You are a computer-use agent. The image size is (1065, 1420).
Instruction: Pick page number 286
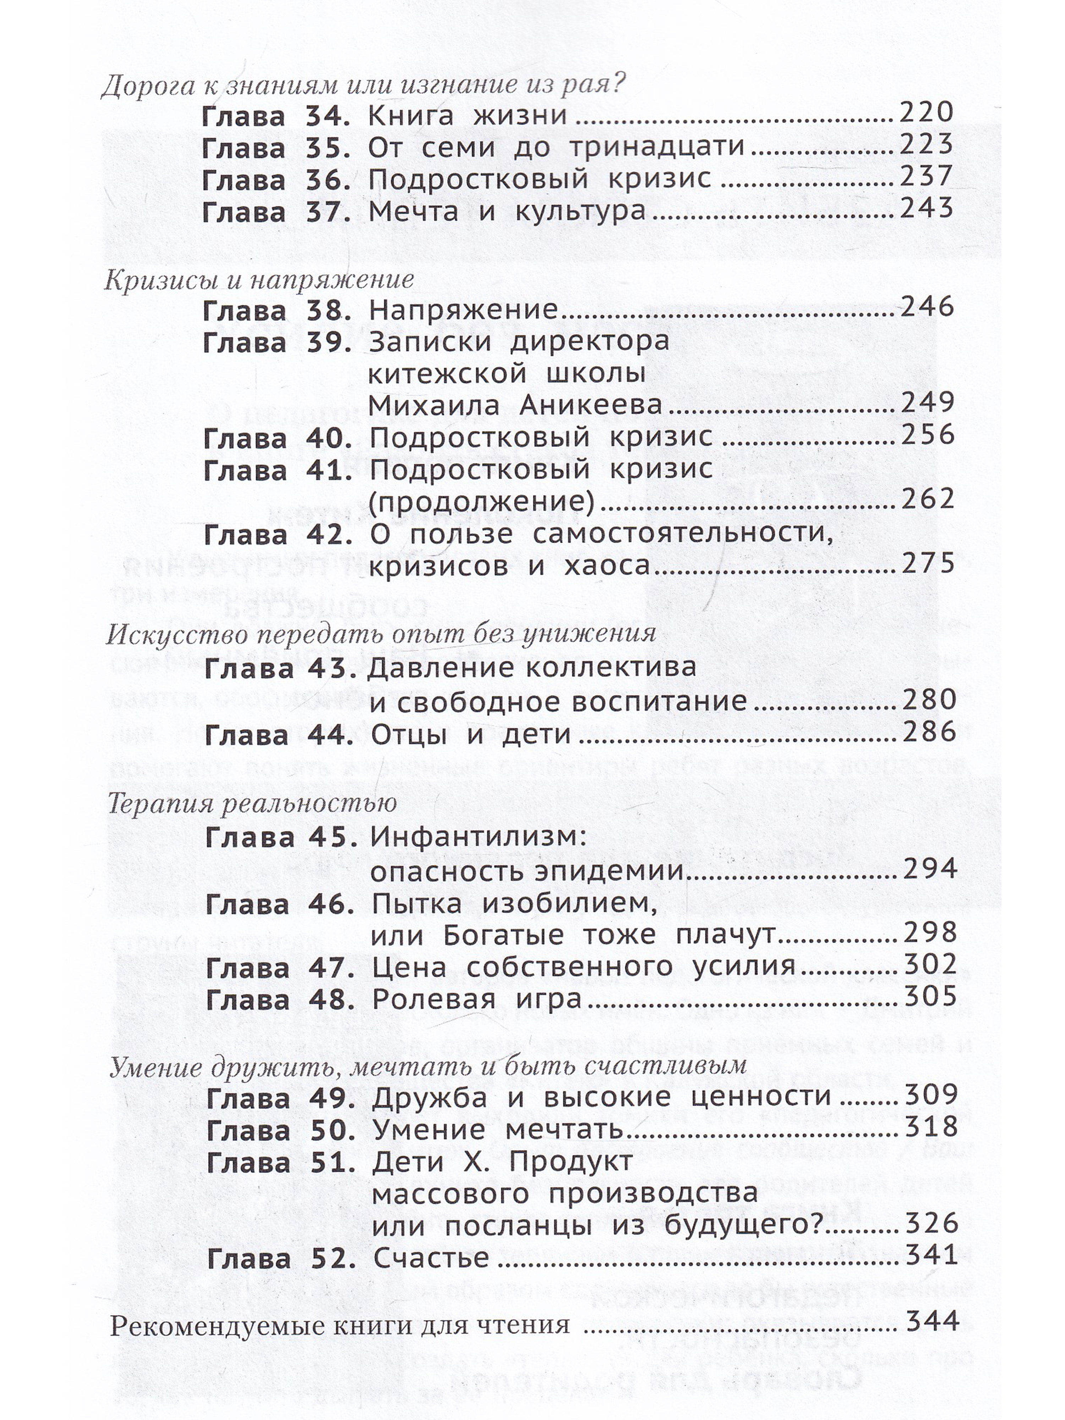tap(929, 732)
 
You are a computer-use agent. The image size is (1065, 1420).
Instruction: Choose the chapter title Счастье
tap(431, 1257)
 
